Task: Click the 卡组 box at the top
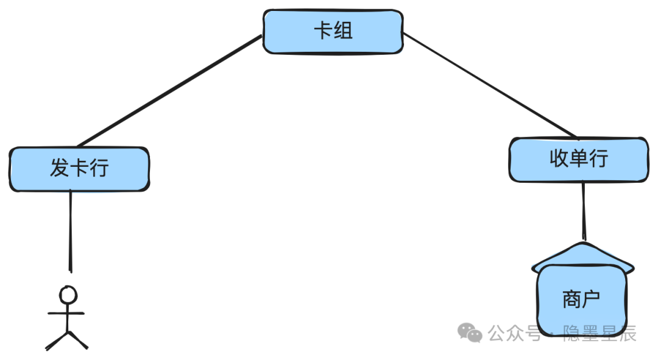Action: coord(333,32)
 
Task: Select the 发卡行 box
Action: coord(79,169)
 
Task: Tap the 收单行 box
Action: coord(579,160)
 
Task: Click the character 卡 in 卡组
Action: coord(324,31)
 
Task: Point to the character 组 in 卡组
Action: coord(343,31)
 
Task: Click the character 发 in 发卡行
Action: coord(60,168)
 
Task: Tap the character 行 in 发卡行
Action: coord(99,168)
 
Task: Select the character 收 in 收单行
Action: coord(559,158)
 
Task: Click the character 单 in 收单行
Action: coord(579,158)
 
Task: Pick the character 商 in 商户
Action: coord(571,299)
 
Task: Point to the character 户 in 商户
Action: coord(591,299)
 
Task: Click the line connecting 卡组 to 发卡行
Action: coord(169,91)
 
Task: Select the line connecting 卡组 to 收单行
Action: coord(490,86)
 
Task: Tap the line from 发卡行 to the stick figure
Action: coord(71,231)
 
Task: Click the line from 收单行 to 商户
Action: coord(583,211)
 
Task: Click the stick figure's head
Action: coord(68,295)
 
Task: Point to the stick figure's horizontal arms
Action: coord(66,313)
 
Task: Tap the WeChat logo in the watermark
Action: coord(470,333)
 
